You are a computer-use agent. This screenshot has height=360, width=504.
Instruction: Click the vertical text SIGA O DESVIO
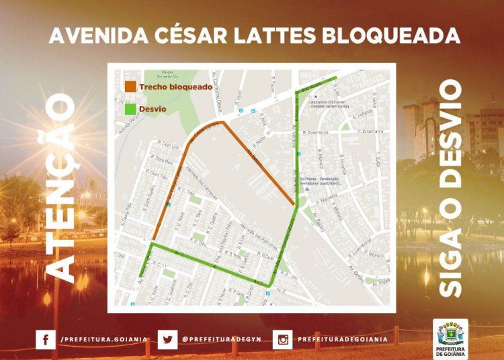pos(449,188)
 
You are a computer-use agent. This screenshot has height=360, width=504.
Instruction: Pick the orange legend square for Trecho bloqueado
pos(130,87)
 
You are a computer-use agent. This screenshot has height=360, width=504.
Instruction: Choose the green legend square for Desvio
pos(130,108)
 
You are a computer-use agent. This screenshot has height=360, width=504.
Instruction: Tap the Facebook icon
pos(45,339)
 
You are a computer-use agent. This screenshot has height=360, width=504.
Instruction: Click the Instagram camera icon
pos(283,339)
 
